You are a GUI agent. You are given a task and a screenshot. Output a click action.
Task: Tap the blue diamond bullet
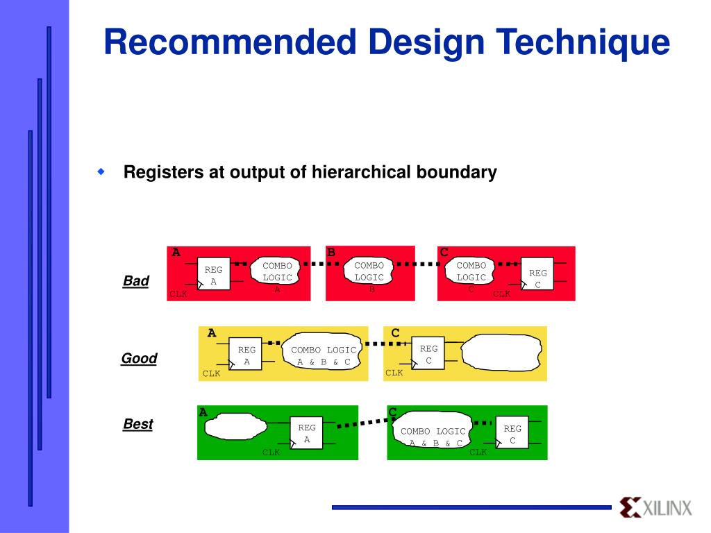pyautogui.click(x=101, y=171)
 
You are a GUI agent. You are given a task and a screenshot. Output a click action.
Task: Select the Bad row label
pyautogui.click(x=136, y=281)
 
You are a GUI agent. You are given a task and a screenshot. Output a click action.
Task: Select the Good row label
pyautogui.click(x=139, y=359)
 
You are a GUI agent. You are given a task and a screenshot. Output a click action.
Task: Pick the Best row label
pyautogui.click(x=138, y=424)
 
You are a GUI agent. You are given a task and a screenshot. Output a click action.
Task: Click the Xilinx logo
pyautogui.click(x=655, y=507)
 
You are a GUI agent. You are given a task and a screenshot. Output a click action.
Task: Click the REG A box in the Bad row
pyautogui.click(x=213, y=274)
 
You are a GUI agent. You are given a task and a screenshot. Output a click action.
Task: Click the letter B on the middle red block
pyautogui.click(x=331, y=252)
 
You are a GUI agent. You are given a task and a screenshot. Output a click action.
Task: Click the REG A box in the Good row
pyautogui.click(x=246, y=355)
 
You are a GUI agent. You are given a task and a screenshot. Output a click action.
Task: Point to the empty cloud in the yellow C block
pyautogui.click(x=498, y=352)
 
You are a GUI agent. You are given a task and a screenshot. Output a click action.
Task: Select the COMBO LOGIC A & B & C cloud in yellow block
pyautogui.click(x=323, y=355)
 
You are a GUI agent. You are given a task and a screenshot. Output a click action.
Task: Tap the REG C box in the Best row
pyautogui.click(x=512, y=434)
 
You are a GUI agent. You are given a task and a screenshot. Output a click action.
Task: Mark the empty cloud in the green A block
pyautogui.click(x=240, y=426)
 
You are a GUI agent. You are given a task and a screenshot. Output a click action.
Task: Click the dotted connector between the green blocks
pyautogui.click(x=362, y=422)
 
